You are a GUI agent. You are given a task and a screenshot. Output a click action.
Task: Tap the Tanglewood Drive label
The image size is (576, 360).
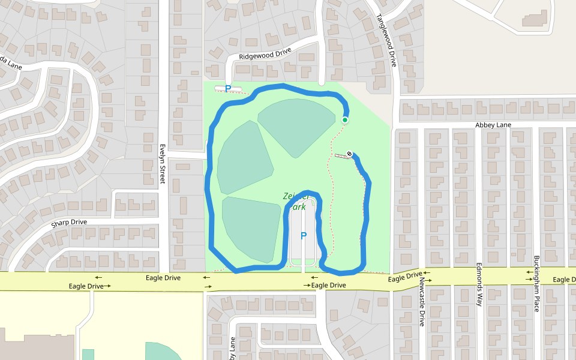[387, 40]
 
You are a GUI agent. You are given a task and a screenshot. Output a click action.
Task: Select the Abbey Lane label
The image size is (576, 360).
[493, 125]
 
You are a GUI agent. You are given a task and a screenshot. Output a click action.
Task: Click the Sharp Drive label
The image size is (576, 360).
[69, 223]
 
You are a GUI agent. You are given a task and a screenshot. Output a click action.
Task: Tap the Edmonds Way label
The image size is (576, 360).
[479, 284]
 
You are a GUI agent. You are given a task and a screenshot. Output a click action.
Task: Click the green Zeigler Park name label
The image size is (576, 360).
[297, 201]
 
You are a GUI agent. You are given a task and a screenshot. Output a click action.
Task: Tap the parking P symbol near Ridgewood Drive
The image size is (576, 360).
[228, 89]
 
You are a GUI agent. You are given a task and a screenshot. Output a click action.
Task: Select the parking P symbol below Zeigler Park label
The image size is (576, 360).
[303, 236]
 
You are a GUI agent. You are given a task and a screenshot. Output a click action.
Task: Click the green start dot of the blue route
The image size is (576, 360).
[345, 120]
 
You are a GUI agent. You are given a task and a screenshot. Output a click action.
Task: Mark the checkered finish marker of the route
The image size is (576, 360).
[349, 154]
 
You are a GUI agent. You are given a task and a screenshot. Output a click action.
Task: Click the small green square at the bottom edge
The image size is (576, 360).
[88, 354]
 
